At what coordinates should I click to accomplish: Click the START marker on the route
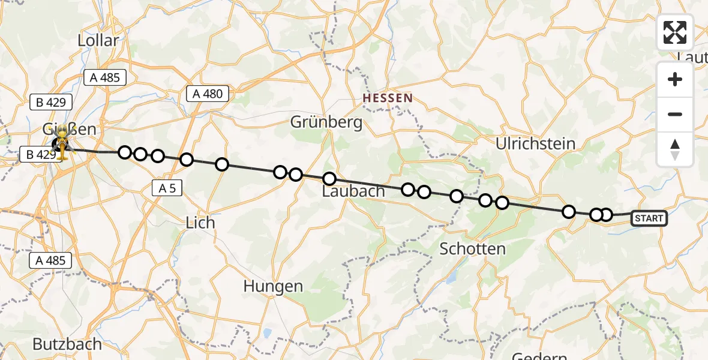tap(649, 218)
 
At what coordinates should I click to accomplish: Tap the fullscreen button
tap(675, 32)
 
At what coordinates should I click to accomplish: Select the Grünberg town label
tap(326, 122)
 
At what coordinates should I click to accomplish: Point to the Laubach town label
tap(353, 191)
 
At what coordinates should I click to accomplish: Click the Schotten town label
tap(472, 248)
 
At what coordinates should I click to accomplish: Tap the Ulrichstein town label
tap(536, 143)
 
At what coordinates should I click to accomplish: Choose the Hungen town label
tap(273, 286)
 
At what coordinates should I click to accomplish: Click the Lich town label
tap(200, 222)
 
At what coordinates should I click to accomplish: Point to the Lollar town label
tap(98, 40)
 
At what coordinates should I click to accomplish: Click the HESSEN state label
tap(388, 98)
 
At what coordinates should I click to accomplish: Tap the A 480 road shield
tap(208, 94)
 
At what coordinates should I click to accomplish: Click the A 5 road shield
tap(167, 188)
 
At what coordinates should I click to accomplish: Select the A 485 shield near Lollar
tap(105, 77)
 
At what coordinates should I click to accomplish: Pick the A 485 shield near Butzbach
tap(51, 260)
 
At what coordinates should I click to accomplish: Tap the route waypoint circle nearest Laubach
tap(329, 178)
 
